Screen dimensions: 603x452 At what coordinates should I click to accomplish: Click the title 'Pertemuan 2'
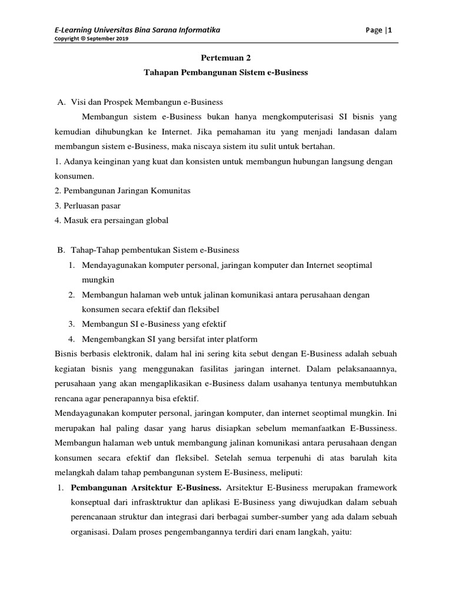click(x=226, y=58)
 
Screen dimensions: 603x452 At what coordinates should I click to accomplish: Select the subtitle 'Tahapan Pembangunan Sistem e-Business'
click(x=226, y=73)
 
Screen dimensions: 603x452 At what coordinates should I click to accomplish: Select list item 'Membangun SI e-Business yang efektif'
click(x=154, y=324)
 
